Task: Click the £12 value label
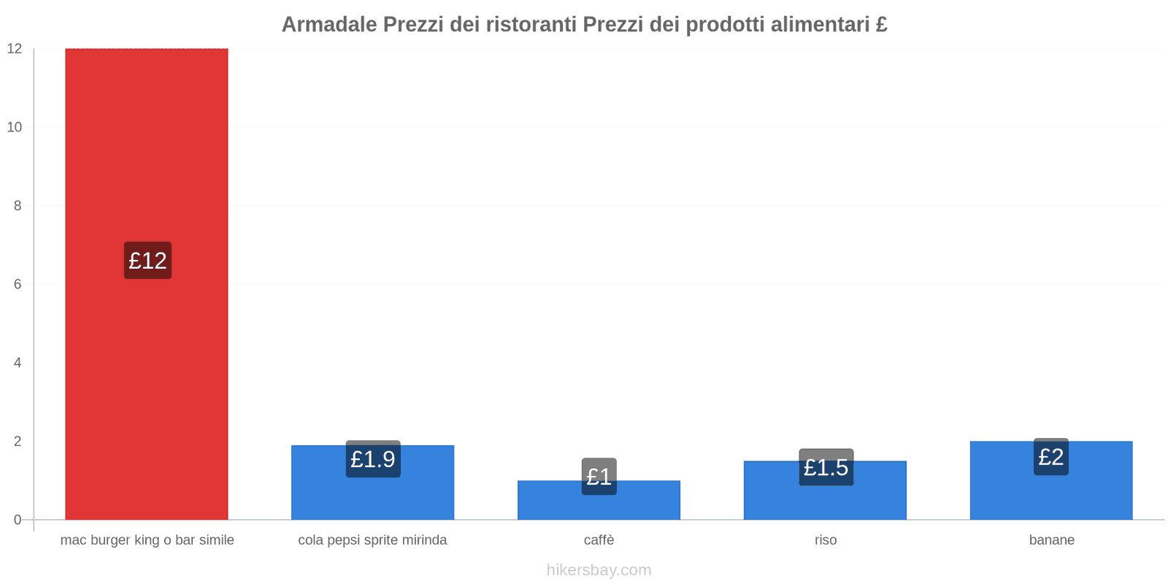point(147,261)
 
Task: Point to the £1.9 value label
point(373,459)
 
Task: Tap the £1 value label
point(599,477)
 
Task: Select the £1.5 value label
point(826,467)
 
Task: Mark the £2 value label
point(1051,457)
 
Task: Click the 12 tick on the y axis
point(15,49)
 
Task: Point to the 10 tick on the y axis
point(15,127)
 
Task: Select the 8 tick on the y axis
point(18,206)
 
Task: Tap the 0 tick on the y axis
point(18,520)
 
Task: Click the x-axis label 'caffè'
point(599,540)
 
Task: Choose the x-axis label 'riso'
point(826,540)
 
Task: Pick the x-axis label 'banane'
point(1051,540)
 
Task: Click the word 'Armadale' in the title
point(329,25)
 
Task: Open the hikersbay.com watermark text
point(599,570)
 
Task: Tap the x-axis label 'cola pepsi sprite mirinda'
point(372,540)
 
